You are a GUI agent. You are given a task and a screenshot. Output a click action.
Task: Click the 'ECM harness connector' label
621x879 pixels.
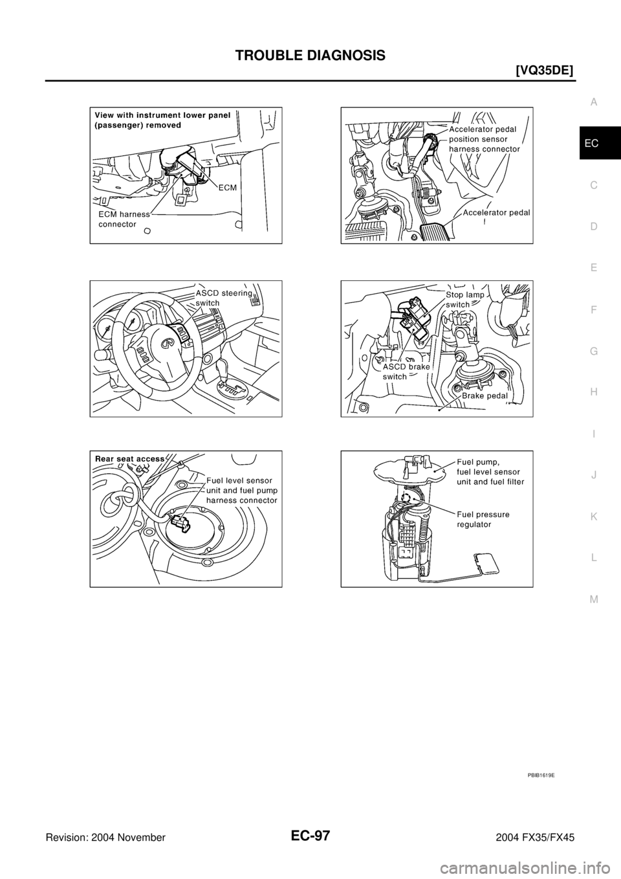[124, 219]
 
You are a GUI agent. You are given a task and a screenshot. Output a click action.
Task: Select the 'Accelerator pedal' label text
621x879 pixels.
[496, 212]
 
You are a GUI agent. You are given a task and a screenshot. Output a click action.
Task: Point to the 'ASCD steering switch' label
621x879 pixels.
[223, 297]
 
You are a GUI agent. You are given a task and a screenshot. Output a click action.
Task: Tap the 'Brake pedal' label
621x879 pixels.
[483, 395]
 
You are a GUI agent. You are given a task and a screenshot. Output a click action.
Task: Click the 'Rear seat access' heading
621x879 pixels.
[129, 458]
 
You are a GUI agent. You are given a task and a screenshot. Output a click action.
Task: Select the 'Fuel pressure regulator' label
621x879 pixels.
[483, 519]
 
